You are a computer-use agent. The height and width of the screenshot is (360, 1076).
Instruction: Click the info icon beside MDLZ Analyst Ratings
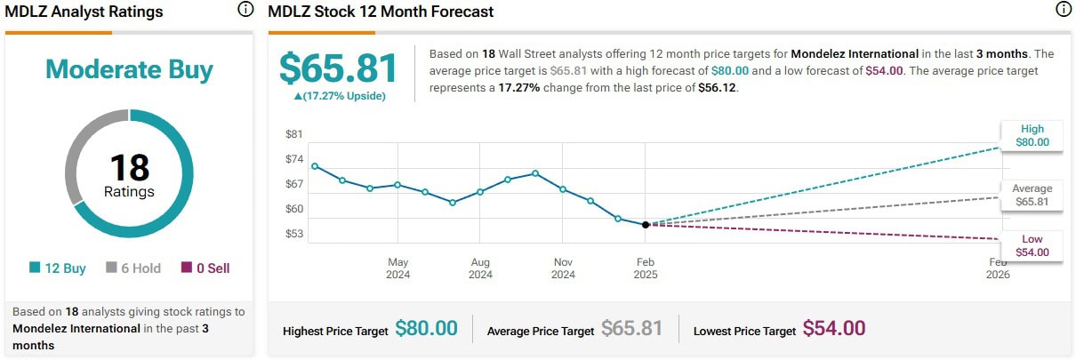point(245,11)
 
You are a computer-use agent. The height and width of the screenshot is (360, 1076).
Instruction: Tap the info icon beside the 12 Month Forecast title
point(1064,11)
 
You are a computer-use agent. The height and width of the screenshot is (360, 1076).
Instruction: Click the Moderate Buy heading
point(128,69)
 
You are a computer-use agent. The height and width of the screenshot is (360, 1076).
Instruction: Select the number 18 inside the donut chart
point(129,168)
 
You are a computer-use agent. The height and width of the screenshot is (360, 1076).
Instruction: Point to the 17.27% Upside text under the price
point(338,95)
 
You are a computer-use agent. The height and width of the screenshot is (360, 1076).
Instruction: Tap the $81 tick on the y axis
point(294,134)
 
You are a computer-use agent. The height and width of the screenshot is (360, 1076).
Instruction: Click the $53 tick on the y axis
point(294,234)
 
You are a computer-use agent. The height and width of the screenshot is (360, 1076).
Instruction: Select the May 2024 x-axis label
point(397,268)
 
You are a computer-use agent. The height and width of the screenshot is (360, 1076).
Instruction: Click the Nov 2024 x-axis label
point(563,268)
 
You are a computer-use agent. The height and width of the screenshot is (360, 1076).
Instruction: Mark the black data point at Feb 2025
point(646,225)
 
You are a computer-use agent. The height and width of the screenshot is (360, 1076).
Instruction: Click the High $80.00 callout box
point(1032,135)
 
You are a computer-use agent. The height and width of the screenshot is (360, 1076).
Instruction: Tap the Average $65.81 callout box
point(1032,195)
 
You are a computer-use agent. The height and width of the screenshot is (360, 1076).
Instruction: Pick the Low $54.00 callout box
point(1032,245)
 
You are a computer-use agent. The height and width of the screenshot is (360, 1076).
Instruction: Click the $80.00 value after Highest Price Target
point(426,329)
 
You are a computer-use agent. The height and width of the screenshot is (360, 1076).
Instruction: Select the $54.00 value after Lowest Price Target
point(833,329)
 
